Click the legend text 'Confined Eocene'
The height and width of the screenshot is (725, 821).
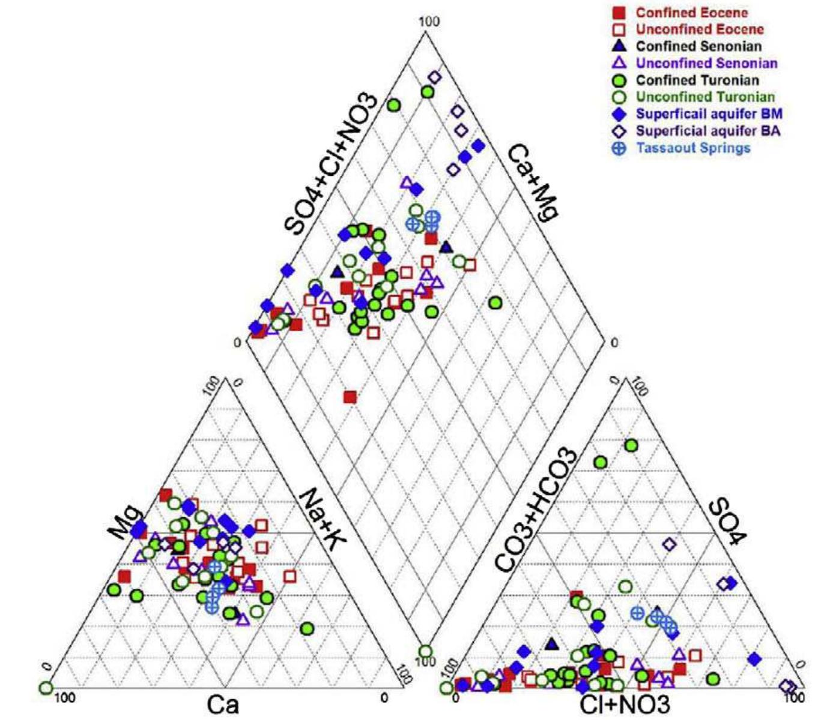[691, 13]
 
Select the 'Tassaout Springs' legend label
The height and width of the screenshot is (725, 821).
[693, 148]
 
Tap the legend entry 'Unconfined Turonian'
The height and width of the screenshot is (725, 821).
[705, 97]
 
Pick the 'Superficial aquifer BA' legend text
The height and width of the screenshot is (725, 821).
[708, 131]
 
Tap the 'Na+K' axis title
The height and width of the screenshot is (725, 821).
[322, 519]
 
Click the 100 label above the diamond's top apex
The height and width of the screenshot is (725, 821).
[429, 22]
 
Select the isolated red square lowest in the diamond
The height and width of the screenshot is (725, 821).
[350, 397]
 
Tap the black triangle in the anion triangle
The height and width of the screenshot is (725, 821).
[552, 644]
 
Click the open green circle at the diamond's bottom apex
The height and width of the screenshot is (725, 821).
[425, 651]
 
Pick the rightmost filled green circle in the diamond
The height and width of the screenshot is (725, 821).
[495, 303]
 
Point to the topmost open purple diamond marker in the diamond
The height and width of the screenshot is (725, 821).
[435, 77]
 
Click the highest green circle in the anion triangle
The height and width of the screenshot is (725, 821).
[631, 445]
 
